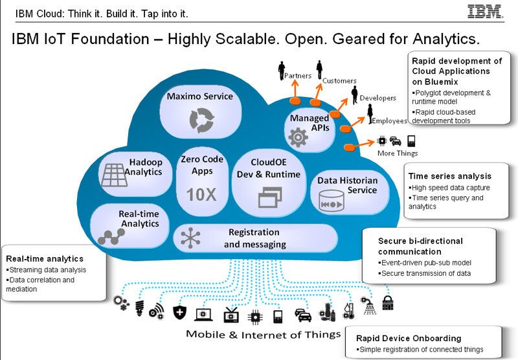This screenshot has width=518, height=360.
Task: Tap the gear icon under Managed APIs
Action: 298,137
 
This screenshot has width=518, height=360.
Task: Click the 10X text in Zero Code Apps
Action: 201,194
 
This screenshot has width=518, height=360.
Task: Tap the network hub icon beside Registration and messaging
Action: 191,238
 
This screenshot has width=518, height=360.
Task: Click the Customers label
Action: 339,81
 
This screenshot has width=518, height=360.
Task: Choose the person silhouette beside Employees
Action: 370,113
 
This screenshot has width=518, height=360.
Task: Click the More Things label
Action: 398,153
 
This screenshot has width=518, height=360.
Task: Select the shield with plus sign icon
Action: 179,313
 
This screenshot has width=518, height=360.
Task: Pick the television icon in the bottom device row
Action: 231,316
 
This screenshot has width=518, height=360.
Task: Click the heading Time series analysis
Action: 449,175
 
